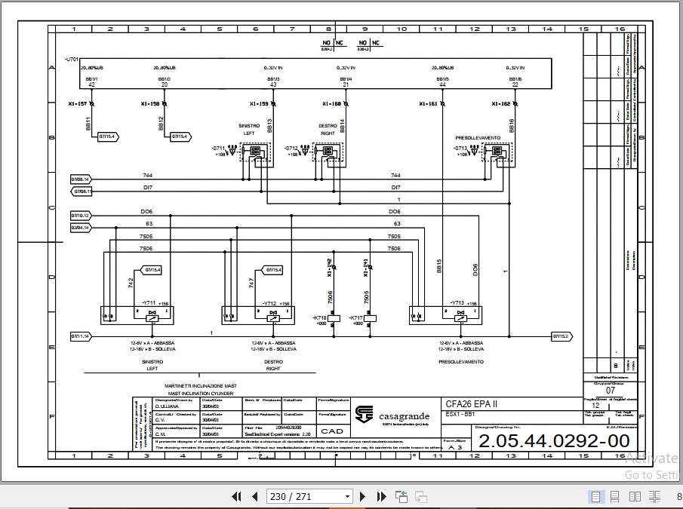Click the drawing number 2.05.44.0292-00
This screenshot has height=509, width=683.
pyautogui.click(x=554, y=441)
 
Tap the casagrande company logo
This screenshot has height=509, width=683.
pyautogui.click(x=365, y=415)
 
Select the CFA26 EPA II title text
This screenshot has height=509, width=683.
pyautogui.click(x=471, y=403)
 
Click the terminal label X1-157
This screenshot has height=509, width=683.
pyautogui.click(x=77, y=103)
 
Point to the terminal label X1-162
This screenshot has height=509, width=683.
pyautogui.click(x=500, y=103)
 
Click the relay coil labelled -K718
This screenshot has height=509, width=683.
pyautogui.click(x=335, y=318)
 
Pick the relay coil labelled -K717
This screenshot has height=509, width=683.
pyautogui.click(x=371, y=318)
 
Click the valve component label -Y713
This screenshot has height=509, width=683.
pyautogui.click(x=457, y=303)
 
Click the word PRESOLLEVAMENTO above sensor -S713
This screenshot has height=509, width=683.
pyautogui.click(x=478, y=138)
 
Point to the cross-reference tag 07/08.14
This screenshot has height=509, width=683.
pyautogui.click(x=80, y=179)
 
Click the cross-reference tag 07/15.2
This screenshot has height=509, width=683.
pyautogui.click(x=560, y=336)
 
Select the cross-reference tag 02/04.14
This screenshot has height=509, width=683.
pyautogui.click(x=80, y=227)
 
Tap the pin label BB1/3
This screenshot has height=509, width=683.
pyautogui.click(x=272, y=78)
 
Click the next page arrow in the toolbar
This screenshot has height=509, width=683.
pyautogui.click(x=363, y=496)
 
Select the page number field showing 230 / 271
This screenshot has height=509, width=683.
pyautogui.click(x=309, y=496)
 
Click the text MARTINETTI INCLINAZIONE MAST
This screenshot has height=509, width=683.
pyautogui.click(x=201, y=386)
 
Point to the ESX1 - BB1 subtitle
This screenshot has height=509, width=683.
pyautogui.click(x=460, y=414)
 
